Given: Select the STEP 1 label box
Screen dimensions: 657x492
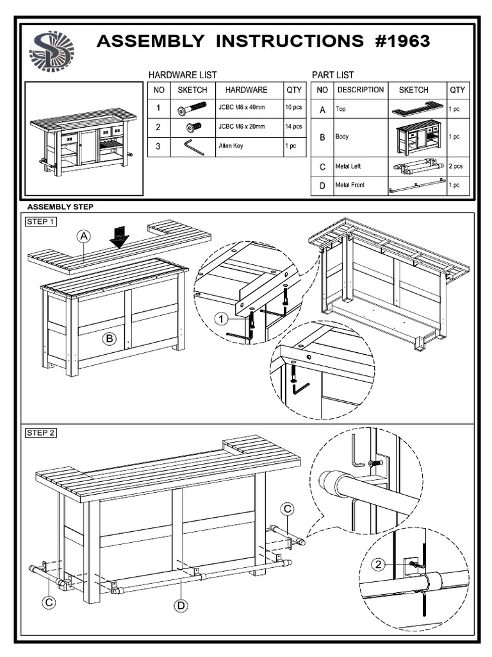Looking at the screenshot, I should click(x=41, y=222).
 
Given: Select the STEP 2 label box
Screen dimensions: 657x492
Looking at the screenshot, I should click(x=41, y=432).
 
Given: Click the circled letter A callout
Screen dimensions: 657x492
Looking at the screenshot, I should click(x=85, y=237).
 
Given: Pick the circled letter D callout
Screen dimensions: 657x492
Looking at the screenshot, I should click(x=182, y=604).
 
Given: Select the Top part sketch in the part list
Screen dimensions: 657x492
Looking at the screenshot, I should click(x=418, y=108).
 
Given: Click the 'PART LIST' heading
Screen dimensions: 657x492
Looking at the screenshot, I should click(x=332, y=75).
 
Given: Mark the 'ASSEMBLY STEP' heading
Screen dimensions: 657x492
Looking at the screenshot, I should click(x=60, y=207).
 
